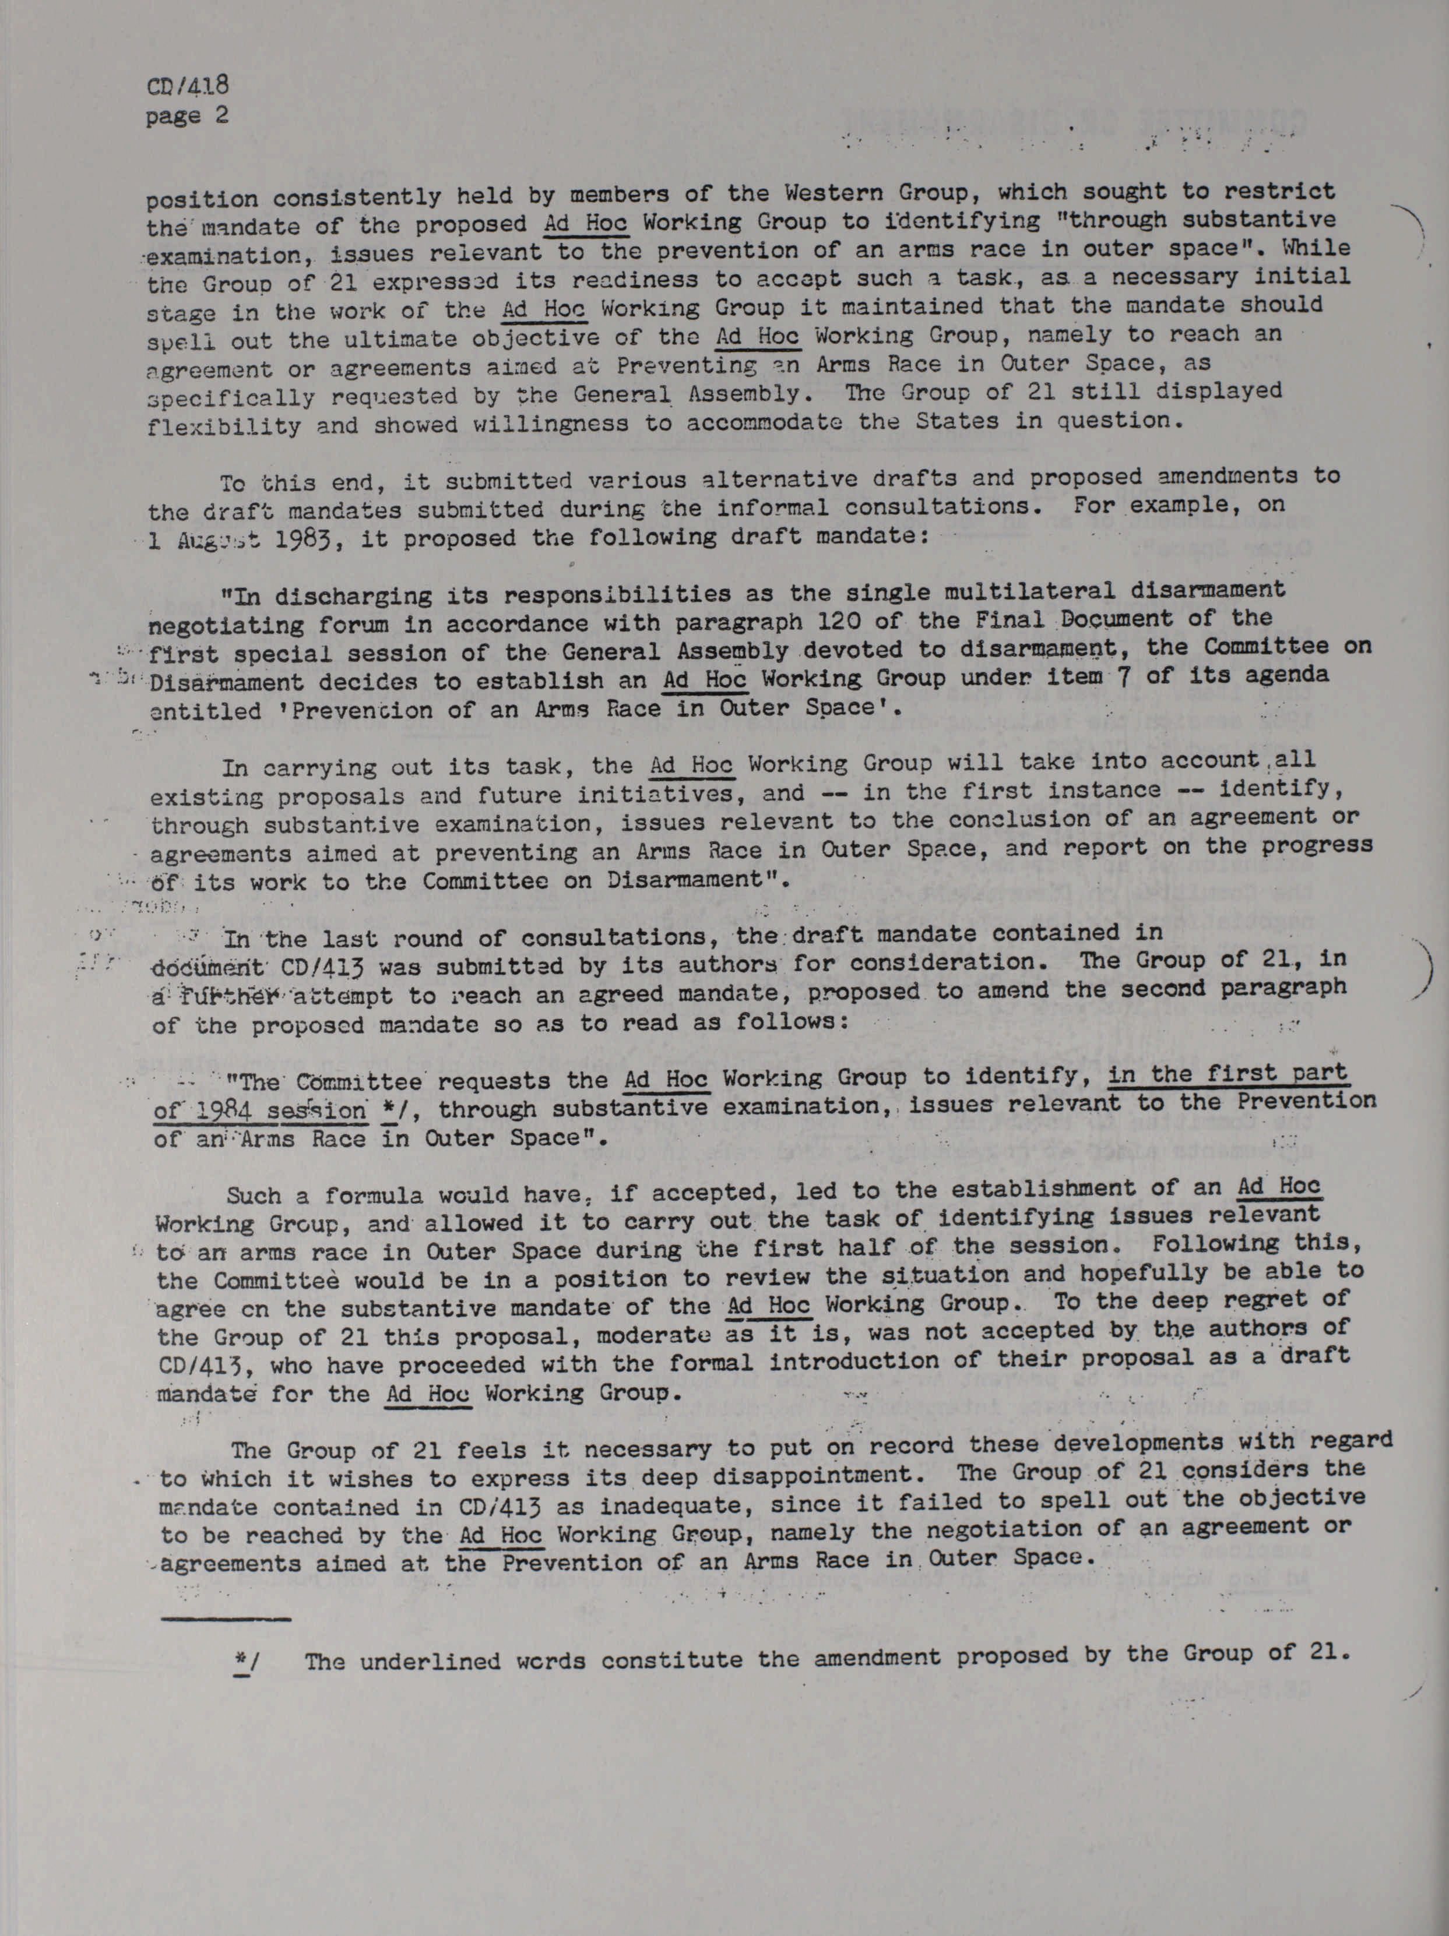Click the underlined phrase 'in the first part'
(x=1226, y=1073)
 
